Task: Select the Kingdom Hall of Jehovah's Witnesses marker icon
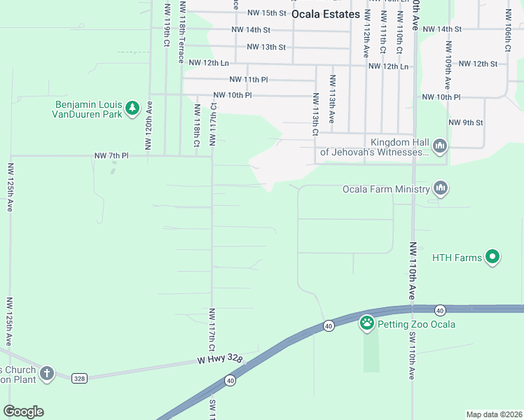(x=440, y=146)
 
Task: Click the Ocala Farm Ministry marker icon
(x=440, y=188)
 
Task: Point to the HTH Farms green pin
(x=492, y=258)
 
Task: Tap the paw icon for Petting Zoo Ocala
(x=366, y=323)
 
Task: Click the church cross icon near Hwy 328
(x=47, y=373)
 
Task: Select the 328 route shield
(x=78, y=378)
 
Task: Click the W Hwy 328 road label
(x=219, y=359)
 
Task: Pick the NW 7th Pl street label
(x=112, y=155)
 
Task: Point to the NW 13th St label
(x=266, y=47)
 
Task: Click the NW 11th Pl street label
(x=248, y=80)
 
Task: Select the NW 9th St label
(x=465, y=122)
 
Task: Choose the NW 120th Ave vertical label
(x=149, y=125)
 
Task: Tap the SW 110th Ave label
(x=412, y=355)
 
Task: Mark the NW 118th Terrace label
(x=181, y=31)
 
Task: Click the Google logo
(x=23, y=412)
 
